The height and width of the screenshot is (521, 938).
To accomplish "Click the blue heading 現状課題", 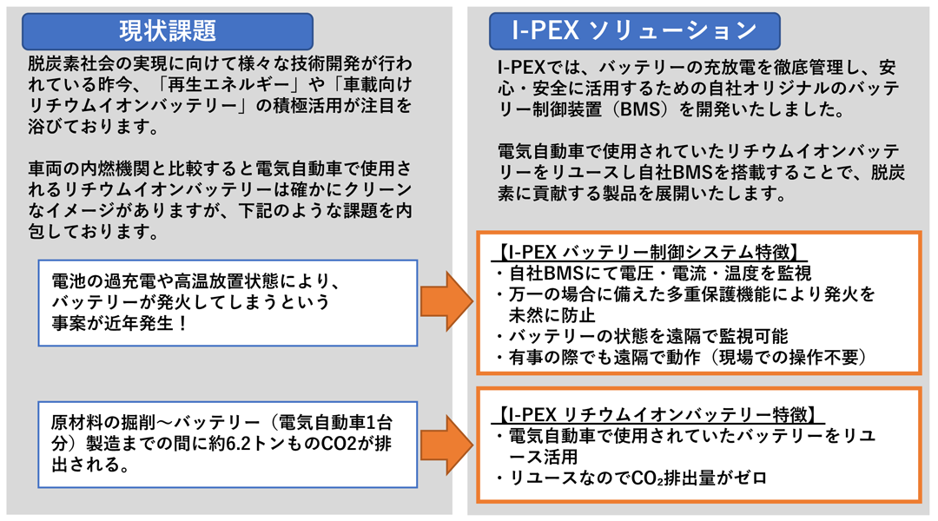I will tap(167, 30).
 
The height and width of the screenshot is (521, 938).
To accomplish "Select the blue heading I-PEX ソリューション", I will tap(634, 30).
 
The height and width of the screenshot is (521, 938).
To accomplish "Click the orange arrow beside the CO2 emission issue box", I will tap(446, 444).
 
